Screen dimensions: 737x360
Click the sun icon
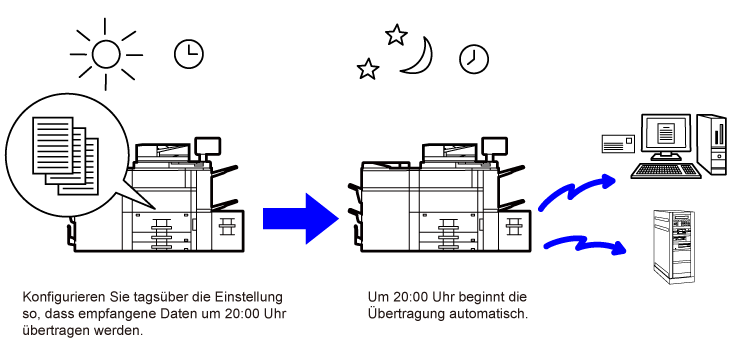106,54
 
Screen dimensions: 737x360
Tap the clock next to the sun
188,54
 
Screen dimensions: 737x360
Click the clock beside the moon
474,59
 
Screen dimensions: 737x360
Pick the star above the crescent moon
396,35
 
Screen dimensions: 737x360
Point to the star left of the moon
368,69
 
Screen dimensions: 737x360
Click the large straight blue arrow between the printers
301,219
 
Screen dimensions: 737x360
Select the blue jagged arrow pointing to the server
585,245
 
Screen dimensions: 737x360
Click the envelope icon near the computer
618,143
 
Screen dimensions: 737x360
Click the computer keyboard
666,171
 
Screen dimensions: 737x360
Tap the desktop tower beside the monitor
712,144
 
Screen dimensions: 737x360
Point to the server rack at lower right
674,247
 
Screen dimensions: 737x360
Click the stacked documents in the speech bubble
66,156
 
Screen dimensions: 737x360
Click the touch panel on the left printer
207,146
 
